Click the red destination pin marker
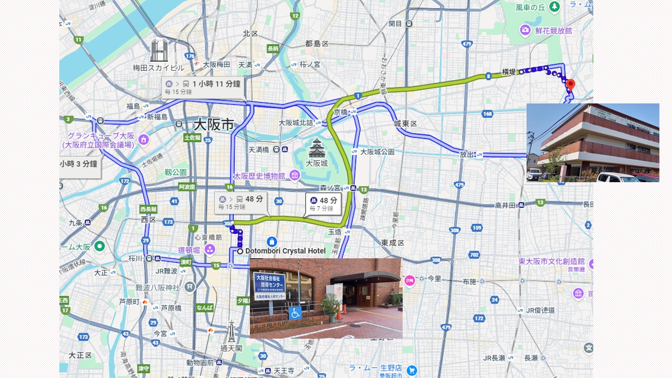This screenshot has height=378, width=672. (570, 85)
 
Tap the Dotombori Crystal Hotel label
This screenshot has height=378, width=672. (285, 251)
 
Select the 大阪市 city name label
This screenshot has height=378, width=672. (213, 124)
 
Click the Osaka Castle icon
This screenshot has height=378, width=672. (317, 149)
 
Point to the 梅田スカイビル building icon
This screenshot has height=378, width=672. (159, 51)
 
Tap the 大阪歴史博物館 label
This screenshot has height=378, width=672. (259, 176)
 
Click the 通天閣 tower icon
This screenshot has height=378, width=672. (231, 332)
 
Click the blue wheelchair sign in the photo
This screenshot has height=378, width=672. (295, 312)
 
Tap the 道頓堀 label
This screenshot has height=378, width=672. (189, 250)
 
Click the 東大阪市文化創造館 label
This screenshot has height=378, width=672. (551, 261)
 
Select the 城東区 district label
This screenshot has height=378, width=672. (405, 123)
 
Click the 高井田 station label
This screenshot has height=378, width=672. (506, 205)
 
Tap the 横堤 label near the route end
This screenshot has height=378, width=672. (509, 72)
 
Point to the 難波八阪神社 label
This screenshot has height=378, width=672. (157, 287)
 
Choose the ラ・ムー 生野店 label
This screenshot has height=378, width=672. (375, 368)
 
